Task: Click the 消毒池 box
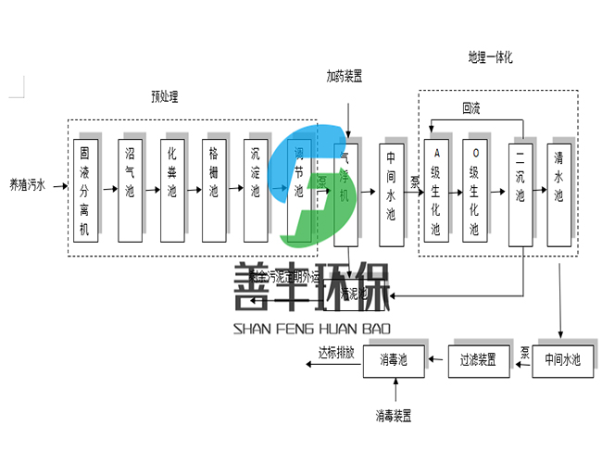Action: coord(392,360)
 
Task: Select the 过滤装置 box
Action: coord(478,360)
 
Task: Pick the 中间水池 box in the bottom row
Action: coord(561,360)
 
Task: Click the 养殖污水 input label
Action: coord(26,185)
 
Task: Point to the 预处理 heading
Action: coord(165,95)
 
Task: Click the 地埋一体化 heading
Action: coord(490,57)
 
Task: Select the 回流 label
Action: coord(471,108)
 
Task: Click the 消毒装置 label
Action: coord(394,414)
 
